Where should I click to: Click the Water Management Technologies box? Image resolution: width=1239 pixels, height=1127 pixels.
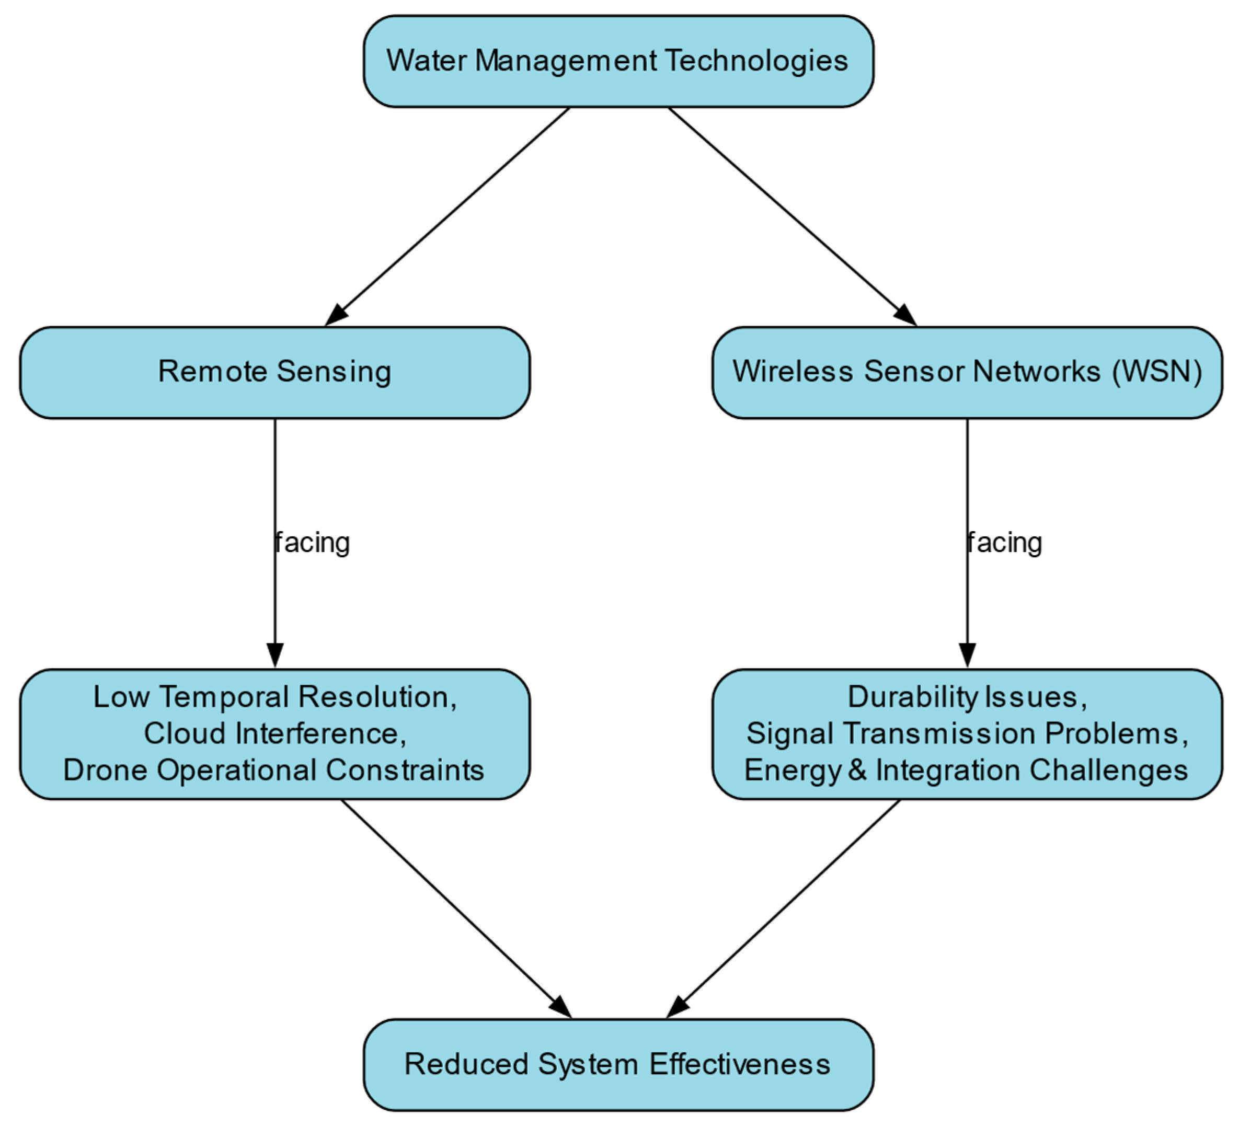617,62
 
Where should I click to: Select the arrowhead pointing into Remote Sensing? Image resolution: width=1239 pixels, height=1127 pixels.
336,314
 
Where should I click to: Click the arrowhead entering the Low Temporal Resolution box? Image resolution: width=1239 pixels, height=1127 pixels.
274,655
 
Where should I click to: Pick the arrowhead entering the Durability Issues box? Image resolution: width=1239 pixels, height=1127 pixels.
967,655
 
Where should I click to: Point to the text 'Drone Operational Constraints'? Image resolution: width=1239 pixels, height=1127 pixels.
274,770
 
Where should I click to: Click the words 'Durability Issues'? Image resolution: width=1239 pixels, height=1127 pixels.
962,697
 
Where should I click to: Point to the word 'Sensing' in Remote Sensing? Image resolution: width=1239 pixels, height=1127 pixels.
334,372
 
